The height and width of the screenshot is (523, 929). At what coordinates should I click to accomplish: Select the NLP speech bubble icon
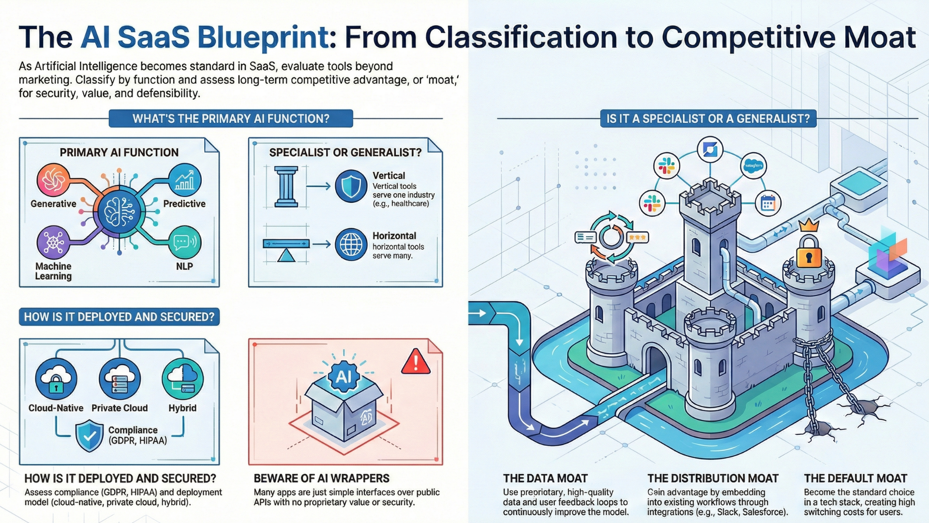point(184,242)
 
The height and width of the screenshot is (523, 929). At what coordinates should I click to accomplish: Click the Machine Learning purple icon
point(53,242)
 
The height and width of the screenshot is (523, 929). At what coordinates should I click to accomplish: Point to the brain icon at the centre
point(119,212)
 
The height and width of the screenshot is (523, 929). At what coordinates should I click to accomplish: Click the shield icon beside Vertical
point(351,186)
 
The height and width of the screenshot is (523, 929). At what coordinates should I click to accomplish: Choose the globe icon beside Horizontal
point(351,245)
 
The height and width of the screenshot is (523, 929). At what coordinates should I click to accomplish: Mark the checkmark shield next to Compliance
point(90,435)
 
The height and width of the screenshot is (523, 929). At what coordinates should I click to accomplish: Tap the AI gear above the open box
point(344,376)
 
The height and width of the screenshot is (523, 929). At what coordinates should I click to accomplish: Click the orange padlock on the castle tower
point(809,252)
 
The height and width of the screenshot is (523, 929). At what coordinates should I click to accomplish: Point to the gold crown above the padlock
point(809,225)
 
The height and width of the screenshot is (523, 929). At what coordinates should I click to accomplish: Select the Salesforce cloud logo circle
point(753,166)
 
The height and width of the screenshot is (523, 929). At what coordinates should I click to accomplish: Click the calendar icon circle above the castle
point(768,203)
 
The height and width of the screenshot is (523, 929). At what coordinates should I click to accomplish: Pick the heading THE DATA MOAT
point(545,478)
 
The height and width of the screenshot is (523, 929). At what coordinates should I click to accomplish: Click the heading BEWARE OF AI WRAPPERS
point(321,478)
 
